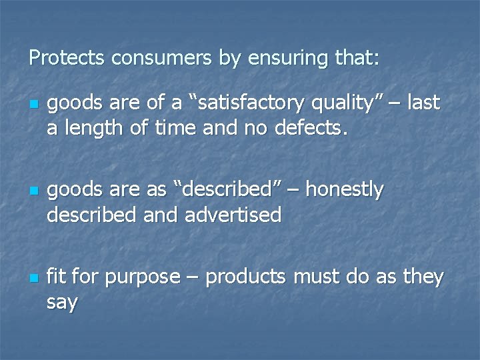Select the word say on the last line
click(62, 302)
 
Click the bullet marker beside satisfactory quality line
click(32, 104)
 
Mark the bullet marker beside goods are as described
click(32, 191)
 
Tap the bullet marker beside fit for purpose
click(32, 278)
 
